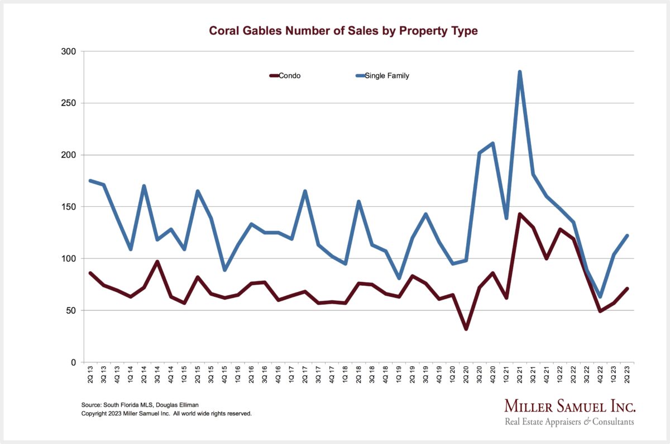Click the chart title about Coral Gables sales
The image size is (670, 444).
(343, 31)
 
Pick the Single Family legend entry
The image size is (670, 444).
(386, 75)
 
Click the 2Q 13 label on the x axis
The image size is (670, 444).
(90, 376)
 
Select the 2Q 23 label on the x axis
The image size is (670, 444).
(626, 376)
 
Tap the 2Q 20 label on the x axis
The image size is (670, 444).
(466, 376)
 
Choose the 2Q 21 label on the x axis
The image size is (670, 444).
(519, 376)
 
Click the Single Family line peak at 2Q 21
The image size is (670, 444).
(519, 72)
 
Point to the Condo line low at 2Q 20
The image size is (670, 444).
(466, 329)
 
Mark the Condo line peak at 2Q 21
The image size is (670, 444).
(519, 214)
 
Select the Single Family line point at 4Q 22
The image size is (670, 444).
(600, 296)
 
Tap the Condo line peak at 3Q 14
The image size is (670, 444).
(157, 262)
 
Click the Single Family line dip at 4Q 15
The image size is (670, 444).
(224, 270)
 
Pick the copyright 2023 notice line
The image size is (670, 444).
(166, 414)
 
